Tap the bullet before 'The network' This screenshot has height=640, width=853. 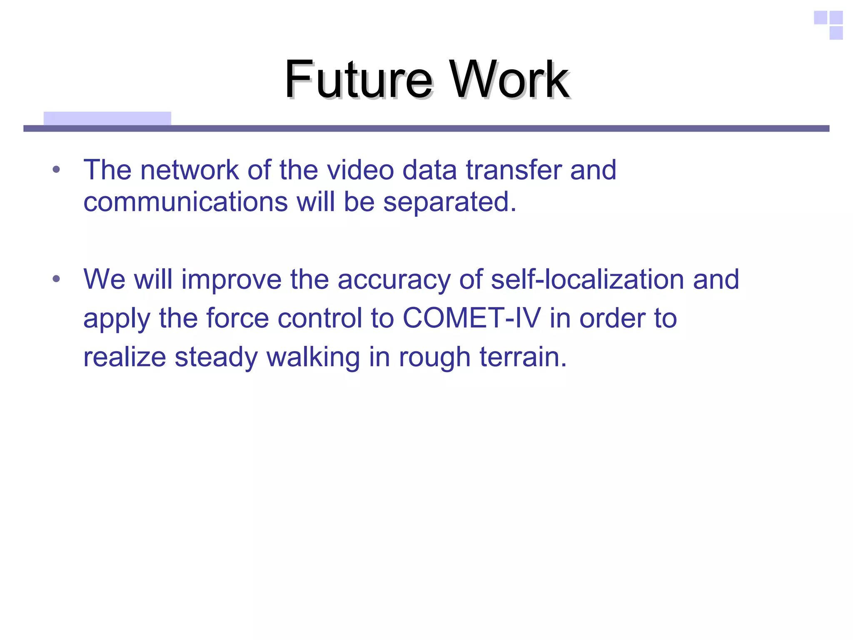[56, 170]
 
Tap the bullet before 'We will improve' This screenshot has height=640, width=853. [56, 279]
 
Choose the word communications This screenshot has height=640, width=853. [185, 202]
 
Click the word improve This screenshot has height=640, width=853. [231, 280]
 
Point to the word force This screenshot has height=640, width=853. [237, 318]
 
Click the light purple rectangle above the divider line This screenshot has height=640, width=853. [107, 118]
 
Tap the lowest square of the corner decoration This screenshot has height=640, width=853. [836, 33]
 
